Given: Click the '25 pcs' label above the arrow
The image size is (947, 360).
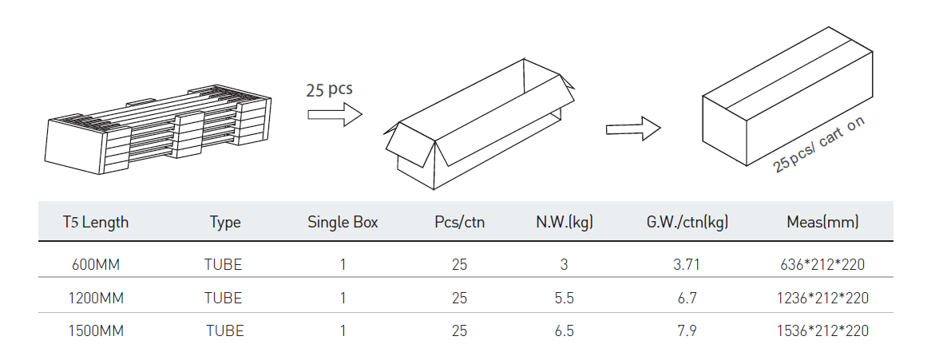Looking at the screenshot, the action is click(x=329, y=90).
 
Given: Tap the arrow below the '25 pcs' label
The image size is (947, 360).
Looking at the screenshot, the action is click(x=335, y=115).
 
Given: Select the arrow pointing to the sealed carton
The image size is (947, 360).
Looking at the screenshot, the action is click(x=633, y=129).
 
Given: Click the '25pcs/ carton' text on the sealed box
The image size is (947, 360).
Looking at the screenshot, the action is click(x=819, y=144).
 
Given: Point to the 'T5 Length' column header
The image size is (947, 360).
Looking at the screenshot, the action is click(x=96, y=222).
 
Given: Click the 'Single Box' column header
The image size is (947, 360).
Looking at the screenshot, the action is click(x=343, y=222).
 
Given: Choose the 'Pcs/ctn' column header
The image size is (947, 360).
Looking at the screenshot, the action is click(x=460, y=222).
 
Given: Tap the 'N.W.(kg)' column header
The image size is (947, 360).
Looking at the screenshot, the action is click(x=565, y=222).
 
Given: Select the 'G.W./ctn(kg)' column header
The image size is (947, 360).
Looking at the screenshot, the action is click(x=687, y=222).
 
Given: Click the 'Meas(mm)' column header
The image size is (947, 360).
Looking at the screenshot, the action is click(x=822, y=222).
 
